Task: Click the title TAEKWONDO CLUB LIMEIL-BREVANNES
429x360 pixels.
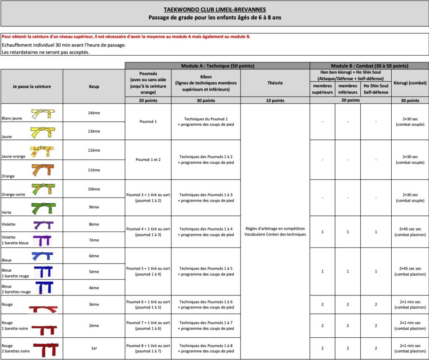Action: click(x=214, y=10)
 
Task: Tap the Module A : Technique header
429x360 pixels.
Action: click(x=217, y=66)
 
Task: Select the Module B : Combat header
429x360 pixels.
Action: click(x=369, y=66)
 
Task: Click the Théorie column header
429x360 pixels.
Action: click(x=275, y=83)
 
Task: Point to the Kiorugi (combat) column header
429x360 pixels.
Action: click(x=410, y=83)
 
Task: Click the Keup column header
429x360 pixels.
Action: click(x=94, y=86)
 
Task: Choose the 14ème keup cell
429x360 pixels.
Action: click(x=94, y=113)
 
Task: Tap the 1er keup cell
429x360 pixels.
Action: click(x=94, y=348)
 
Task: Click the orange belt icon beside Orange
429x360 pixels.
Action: click(x=43, y=169)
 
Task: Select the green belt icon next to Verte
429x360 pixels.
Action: click(x=43, y=207)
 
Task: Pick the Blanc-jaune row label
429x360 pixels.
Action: click(x=12, y=118)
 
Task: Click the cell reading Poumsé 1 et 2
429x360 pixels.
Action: click(x=148, y=160)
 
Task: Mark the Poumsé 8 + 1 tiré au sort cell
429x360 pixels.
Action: click(x=148, y=348)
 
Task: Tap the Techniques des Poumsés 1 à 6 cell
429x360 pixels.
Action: click(x=206, y=305)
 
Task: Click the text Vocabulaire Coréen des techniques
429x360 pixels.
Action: click(x=275, y=234)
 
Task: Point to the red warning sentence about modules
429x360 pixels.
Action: click(x=126, y=37)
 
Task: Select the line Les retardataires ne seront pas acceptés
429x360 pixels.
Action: click(x=46, y=52)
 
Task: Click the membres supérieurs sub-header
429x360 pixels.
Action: click(x=322, y=89)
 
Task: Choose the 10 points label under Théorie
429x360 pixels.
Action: click(x=275, y=101)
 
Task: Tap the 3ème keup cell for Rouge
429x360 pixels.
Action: click(x=94, y=304)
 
